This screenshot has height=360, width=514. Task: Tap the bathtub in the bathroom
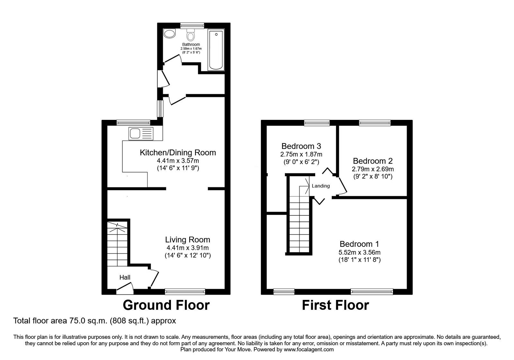pyautogui.click(x=216, y=50)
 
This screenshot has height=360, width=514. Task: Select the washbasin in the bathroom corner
pyautogui.click(x=169, y=33)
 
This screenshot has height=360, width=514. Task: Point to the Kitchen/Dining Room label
pyautogui.click(x=178, y=153)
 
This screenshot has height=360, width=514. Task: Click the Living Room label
pyautogui.click(x=188, y=240)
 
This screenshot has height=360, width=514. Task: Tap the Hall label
pyautogui.click(x=125, y=277)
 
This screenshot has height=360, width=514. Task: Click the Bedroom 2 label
pyautogui.click(x=373, y=161)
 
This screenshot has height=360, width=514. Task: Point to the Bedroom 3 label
pyautogui.click(x=301, y=147)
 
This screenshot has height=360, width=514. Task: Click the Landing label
pyautogui.click(x=321, y=186)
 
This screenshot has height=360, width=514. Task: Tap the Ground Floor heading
pyautogui.click(x=166, y=305)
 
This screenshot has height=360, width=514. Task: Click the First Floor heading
pyautogui.click(x=335, y=305)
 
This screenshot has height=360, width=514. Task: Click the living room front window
pyautogui.click(x=185, y=292)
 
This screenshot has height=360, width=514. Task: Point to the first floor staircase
pyautogui.click(x=299, y=225)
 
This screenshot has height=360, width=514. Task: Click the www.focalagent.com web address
pyautogui.click(x=309, y=349)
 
